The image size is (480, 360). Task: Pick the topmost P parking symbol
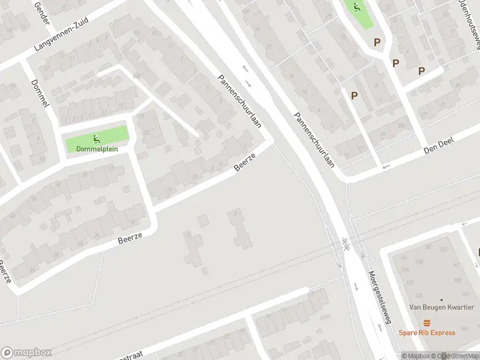coord(377,42)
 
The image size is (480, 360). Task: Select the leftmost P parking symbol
coord(354,95)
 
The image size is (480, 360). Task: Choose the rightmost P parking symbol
coord(421,71)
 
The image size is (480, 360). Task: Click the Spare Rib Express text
coord(427,332)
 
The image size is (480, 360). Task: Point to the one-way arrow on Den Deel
coord(386,166)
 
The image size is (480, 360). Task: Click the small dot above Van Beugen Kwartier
coord(442,299)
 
